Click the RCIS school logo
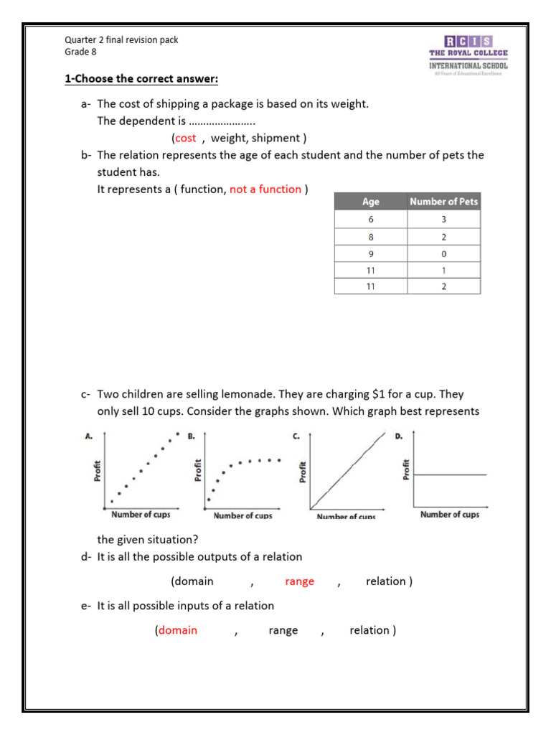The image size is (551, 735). click(x=468, y=53)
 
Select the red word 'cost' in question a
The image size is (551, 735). click(x=185, y=138)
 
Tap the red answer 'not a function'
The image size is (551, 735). click(x=265, y=189)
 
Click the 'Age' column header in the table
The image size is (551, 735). click(x=370, y=202)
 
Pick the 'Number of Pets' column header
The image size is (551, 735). click(x=443, y=202)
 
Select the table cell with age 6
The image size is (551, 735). click(x=370, y=219)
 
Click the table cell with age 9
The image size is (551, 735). click(x=370, y=253)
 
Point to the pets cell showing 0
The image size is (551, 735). click(x=443, y=253)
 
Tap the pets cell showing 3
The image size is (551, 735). click(x=443, y=219)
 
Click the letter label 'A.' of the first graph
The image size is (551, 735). click(x=89, y=436)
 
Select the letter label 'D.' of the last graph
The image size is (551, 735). click(x=400, y=436)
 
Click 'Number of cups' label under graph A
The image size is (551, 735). click(x=141, y=514)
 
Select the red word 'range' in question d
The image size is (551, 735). click(x=299, y=581)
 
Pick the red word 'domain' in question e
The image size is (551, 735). click(x=177, y=630)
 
